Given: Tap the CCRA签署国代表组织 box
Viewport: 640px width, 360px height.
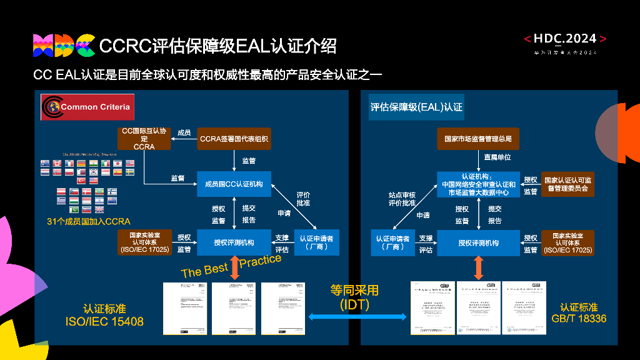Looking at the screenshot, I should [x=234, y=139].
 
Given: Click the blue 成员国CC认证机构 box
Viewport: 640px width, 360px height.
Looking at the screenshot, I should [x=234, y=184].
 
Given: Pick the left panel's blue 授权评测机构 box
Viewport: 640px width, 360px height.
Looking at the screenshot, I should [x=234, y=242].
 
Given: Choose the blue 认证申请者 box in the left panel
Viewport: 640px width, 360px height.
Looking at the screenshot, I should [x=316, y=242].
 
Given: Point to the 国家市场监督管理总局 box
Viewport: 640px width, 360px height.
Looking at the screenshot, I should [x=478, y=139].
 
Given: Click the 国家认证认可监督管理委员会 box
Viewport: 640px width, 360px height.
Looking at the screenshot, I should [x=567, y=184].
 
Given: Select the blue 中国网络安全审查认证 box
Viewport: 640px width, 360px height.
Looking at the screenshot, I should [x=478, y=184].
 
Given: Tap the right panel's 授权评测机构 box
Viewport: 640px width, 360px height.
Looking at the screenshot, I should [x=478, y=242].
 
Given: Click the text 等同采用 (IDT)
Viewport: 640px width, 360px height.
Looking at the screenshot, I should [x=354, y=297].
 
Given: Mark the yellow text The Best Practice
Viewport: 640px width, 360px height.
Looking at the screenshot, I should [x=231, y=266].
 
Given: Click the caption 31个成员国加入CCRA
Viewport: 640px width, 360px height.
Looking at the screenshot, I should [x=88, y=221].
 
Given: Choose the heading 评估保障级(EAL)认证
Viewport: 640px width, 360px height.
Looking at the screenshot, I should [x=416, y=107].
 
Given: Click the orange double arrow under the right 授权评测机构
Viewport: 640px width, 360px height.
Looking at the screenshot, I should [x=479, y=267].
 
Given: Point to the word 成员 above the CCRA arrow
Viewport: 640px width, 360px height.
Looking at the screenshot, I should [x=184, y=132].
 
